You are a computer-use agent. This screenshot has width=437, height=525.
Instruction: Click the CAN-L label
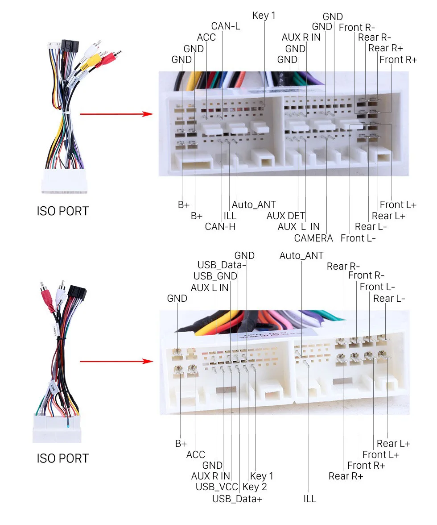[225, 26]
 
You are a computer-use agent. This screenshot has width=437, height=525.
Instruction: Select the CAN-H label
[220, 226]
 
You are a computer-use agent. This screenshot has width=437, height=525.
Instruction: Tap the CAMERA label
[313, 238]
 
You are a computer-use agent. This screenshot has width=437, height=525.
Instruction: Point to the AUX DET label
[286, 216]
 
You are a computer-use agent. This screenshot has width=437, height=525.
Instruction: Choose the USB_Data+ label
[237, 498]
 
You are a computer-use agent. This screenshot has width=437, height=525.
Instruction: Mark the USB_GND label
[215, 276]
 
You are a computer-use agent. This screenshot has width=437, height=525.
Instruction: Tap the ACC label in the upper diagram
[206, 37]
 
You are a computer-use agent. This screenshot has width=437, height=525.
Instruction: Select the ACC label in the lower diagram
[196, 454]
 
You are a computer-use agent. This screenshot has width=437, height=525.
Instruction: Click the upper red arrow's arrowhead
[149, 114]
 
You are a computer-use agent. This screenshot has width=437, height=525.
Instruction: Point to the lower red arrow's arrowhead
[149, 361]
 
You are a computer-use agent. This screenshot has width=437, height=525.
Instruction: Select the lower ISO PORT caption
[62, 458]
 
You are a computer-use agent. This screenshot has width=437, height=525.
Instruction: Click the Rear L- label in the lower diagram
[389, 298]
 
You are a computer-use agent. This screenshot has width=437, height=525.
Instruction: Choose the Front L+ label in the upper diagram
[398, 205]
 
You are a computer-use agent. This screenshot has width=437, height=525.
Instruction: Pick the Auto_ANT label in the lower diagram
[301, 256]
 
